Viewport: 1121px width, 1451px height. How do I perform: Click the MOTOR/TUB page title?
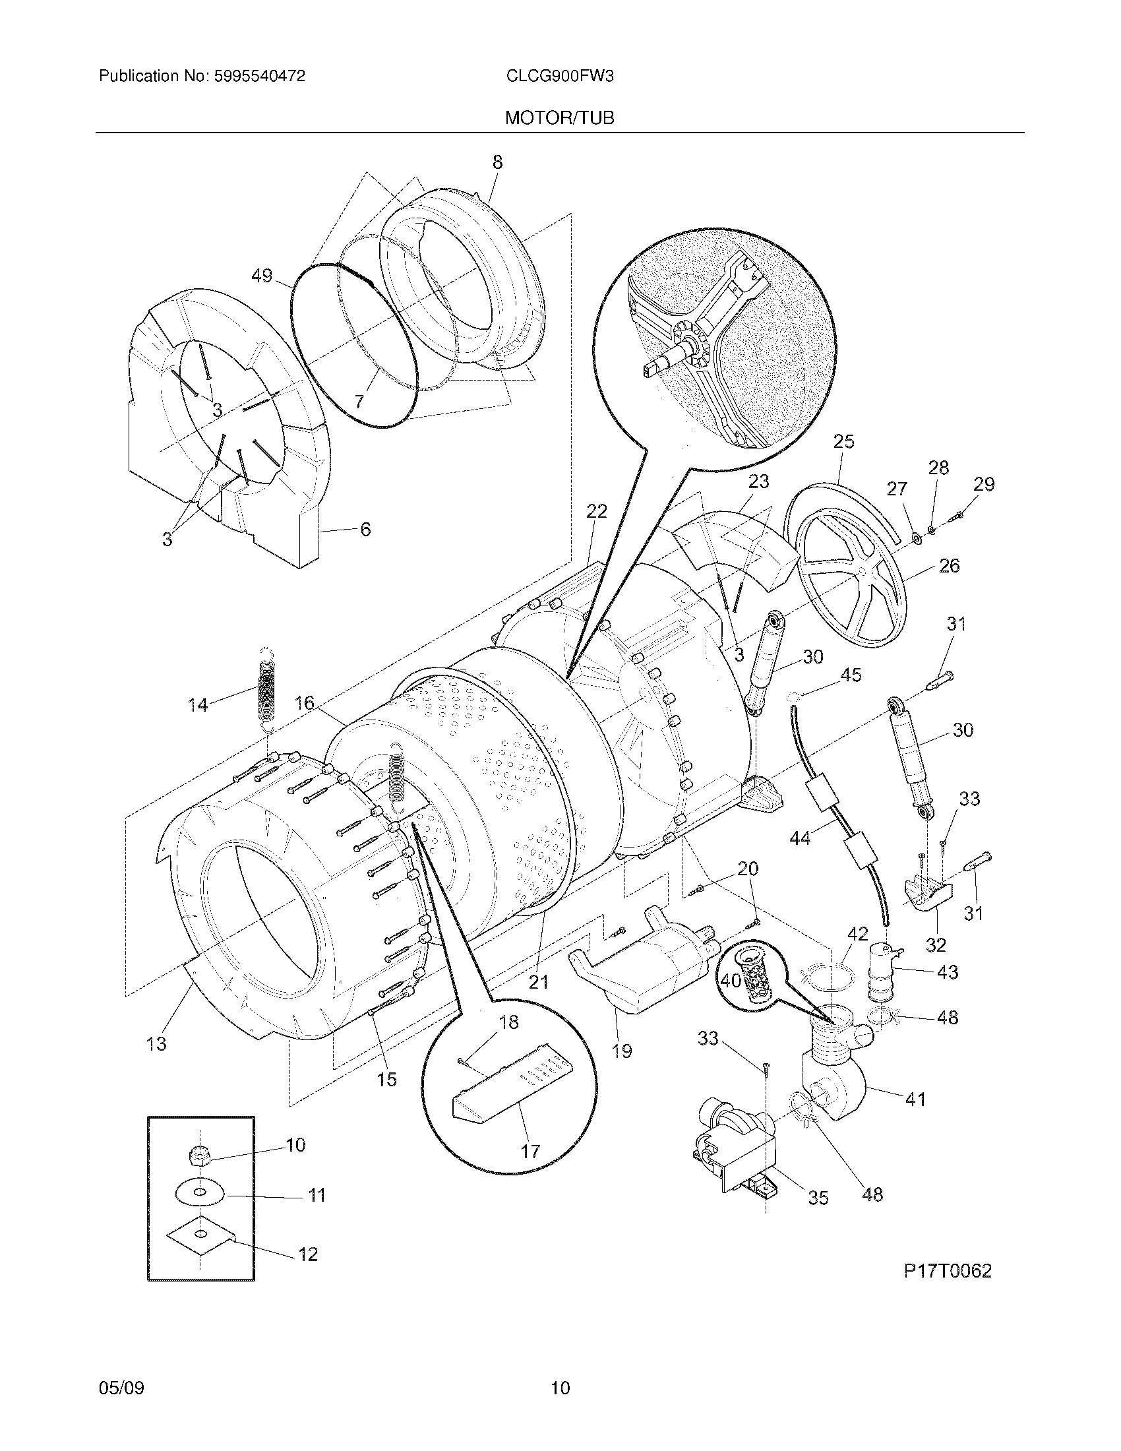click(559, 118)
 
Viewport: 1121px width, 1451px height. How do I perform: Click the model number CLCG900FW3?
click(559, 77)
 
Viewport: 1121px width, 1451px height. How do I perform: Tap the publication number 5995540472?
click(260, 77)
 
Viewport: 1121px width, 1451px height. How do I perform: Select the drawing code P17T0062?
click(947, 1270)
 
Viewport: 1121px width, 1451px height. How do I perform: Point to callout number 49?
click(262, 275)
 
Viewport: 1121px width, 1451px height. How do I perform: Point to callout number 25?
click(843, 442)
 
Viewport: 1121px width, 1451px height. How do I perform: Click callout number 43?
click(947, 972)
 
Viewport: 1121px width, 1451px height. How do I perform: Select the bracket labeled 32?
click(927, 892)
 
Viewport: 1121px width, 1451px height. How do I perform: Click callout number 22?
click(596, 511)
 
